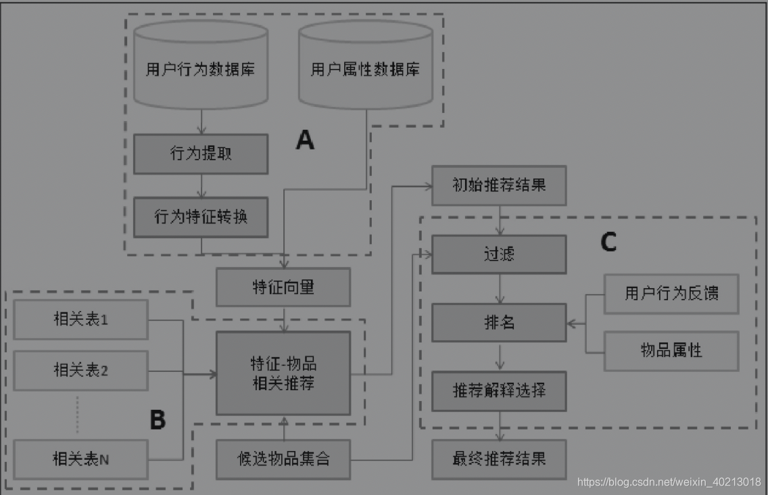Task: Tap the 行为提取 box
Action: point(201,154)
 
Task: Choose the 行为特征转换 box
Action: point(201,217)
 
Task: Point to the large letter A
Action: point(306,140)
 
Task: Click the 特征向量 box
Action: point(283,287)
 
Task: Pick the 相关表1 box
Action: point(80,319)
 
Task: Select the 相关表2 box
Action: point(80,371)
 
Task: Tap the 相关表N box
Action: point(80,459)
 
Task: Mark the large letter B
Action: point(157,420)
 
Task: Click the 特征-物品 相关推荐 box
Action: point(283,373)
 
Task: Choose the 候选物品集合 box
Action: point(283,459)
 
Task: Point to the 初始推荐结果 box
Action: point(499,185)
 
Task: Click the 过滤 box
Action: point(499,254)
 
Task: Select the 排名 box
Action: point(499,323)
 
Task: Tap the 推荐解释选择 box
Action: point(499,390)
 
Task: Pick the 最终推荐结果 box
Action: point(499,459)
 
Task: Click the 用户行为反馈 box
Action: point(671,293)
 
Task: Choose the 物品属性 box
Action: point(671,350)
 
